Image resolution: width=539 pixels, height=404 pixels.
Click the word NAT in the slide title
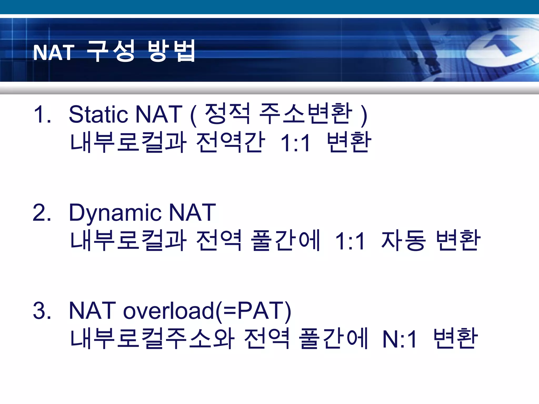54,52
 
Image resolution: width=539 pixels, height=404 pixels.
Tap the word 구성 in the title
111,51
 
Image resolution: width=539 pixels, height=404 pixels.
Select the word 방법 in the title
172,51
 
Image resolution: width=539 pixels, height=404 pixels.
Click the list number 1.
42,114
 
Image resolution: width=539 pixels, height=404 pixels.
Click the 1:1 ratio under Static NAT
296,143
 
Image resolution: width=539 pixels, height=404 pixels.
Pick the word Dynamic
115,213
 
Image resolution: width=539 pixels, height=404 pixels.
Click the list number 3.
42,311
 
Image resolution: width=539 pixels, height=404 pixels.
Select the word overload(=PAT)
207,311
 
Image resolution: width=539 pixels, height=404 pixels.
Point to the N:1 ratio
400,339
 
